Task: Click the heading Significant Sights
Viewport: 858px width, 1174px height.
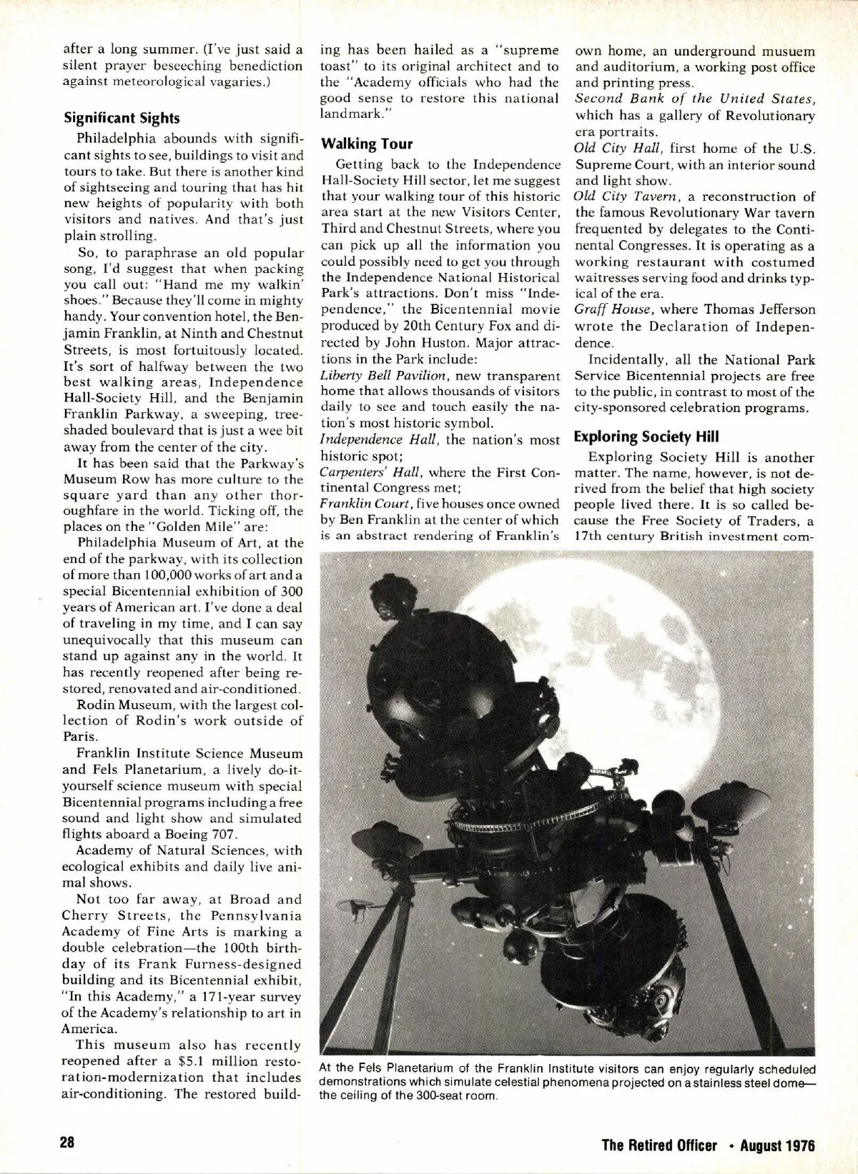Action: (121, 118)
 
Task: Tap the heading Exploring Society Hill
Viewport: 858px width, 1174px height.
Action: (647, 437)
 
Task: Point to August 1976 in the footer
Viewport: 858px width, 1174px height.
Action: (777, 1145)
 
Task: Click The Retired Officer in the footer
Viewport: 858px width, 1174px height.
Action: (659, 1145)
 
